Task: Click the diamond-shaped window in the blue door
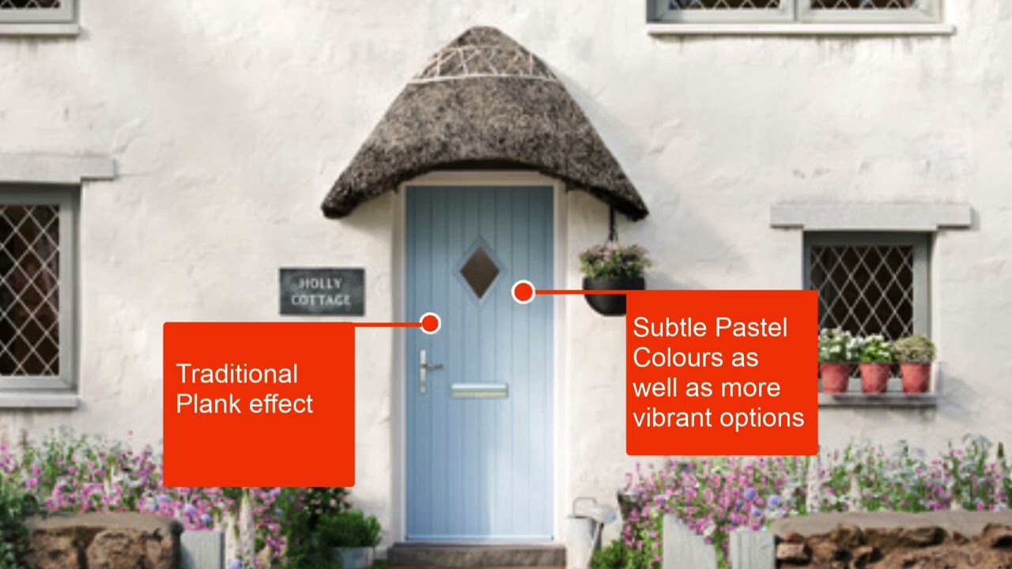480,273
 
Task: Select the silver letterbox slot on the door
479,390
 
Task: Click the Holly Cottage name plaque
322,291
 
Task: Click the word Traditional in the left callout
236,374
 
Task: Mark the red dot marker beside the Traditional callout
430,322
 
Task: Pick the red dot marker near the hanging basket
522,292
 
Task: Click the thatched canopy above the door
484,126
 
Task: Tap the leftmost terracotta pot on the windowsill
834,377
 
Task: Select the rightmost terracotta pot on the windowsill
915,377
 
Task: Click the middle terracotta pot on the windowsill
874,377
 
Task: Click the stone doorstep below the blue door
476,554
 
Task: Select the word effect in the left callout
281,404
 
